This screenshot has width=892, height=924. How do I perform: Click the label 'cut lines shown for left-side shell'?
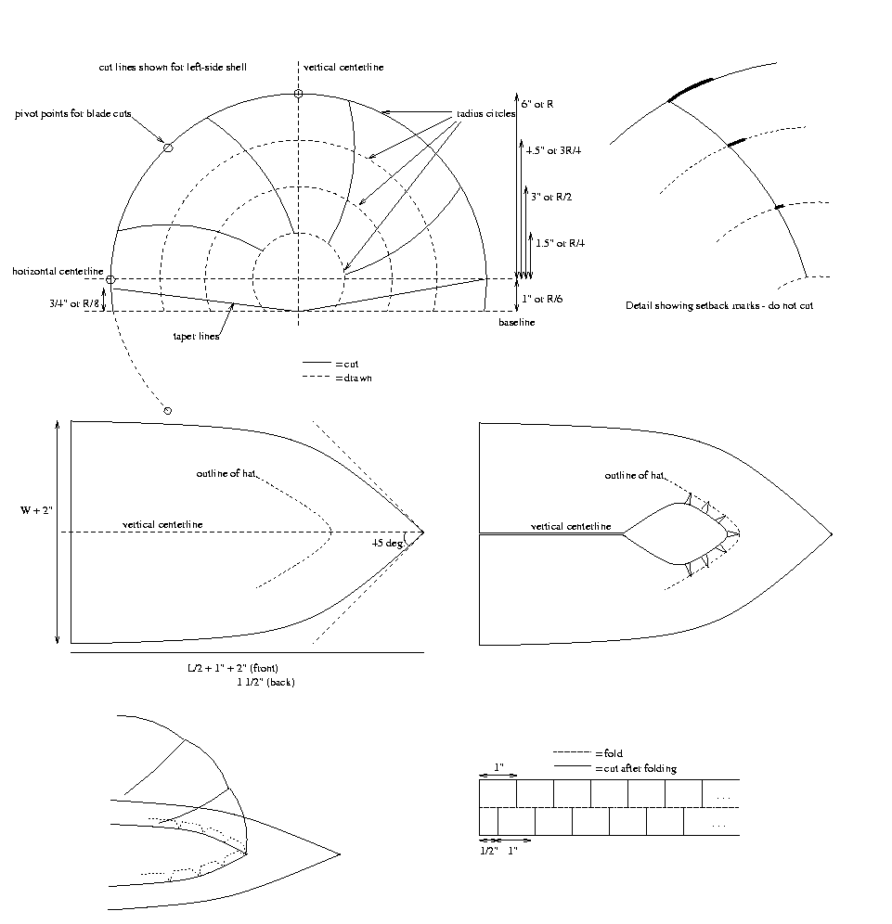point(173,68)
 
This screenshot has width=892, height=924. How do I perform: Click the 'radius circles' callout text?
point(485,113)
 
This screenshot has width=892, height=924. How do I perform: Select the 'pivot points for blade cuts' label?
point(73,114)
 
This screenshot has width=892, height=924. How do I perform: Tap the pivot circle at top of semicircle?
point(298,94)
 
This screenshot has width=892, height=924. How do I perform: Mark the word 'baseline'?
point(516,322)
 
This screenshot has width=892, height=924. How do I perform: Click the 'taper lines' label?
point(195,336)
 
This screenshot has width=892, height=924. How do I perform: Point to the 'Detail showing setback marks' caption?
point(719,305)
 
